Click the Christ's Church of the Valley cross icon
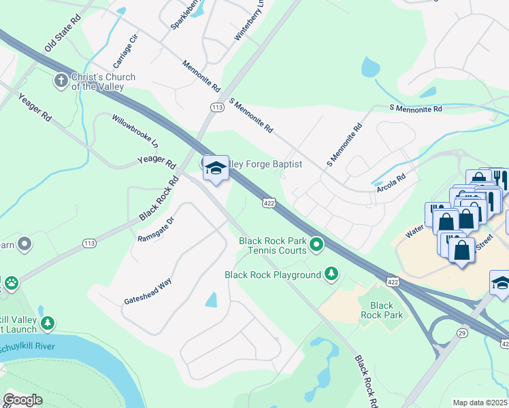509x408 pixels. pyautogui.click(x=61, y=81)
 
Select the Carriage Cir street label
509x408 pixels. pyautogui.click(x=125, y=51)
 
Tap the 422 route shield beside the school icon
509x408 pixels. pyautogui.click(x=269, y=202)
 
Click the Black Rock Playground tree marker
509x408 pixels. pyautogui.click(x=331, y=274)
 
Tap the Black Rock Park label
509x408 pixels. pyautogui.click(x=387, y=310)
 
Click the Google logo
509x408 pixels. pyautogui.click(x=22, y=399)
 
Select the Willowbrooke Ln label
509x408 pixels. pyautogui.click(x=135, y=132)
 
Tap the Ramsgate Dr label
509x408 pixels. pyautogui.click(x=156, y=227)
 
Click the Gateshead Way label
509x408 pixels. pyautogui.click(x=148, y=290)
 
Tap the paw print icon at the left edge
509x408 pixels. pyautogui.click(x=11, y=283)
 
